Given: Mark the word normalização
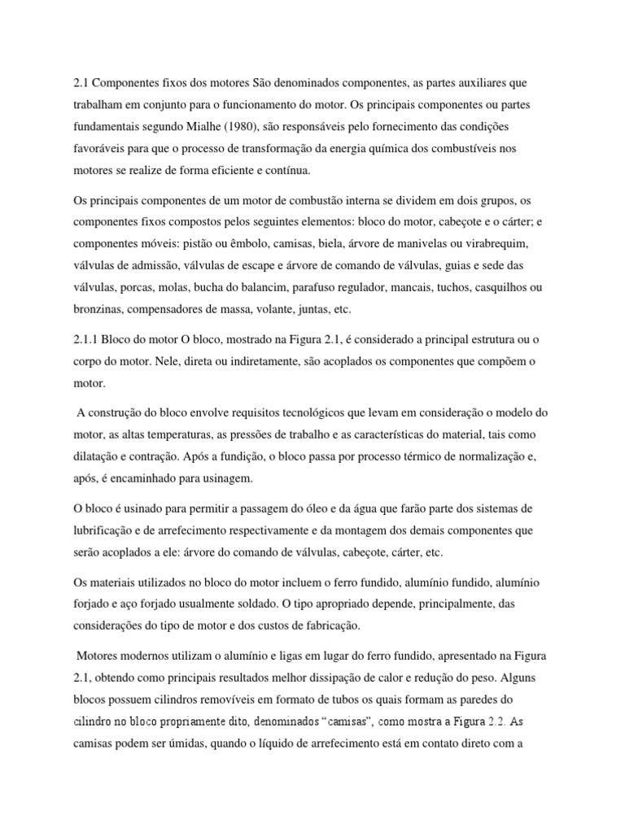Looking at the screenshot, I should (467, 458).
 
